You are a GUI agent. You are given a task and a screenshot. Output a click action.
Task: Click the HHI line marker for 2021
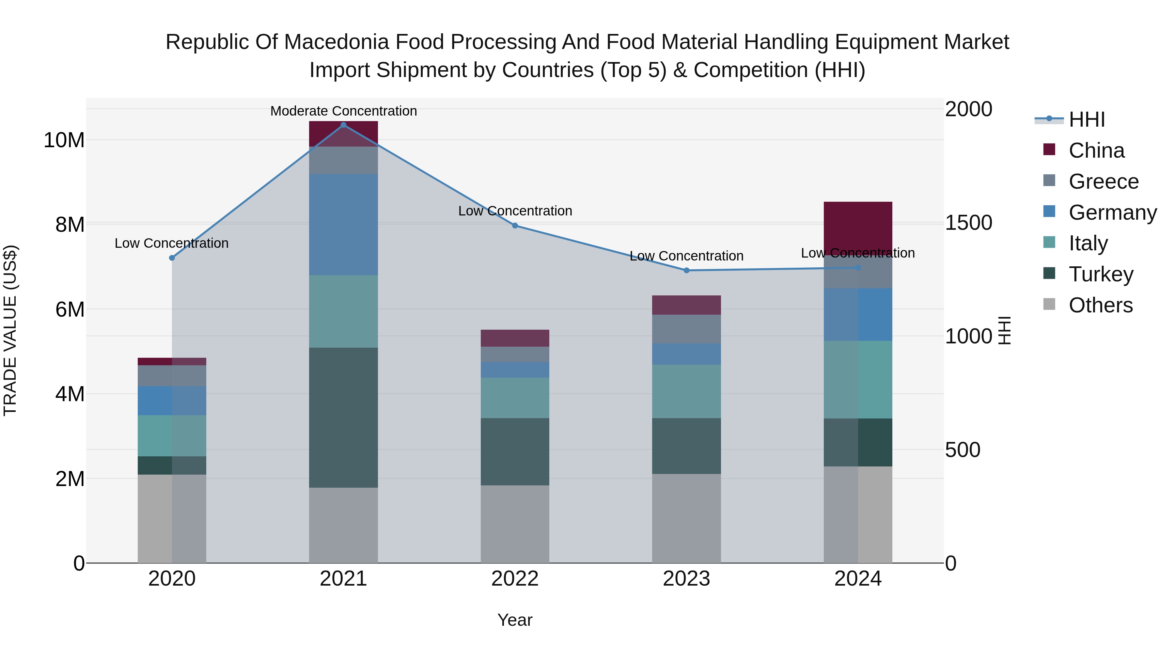pos(343,125)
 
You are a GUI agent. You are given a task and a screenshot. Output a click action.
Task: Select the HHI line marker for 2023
pos(686,271)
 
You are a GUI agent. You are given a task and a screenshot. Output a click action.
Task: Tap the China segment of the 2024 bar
pos(858,226)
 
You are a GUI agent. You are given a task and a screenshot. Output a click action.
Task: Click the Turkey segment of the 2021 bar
pos(343,417)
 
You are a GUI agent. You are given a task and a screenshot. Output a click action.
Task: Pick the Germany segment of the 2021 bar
pos(343,225)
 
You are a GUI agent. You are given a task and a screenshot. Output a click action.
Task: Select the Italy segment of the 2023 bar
pos(686,391)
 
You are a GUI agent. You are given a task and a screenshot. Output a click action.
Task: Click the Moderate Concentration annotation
pos(343,111)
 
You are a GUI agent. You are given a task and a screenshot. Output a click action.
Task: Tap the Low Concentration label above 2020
pos(171,243)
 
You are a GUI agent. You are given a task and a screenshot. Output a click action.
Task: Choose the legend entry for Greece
pos(1104,181)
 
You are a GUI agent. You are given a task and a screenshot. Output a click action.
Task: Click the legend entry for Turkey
pos(1101,274)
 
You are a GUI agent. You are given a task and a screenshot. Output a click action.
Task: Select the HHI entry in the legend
pos(1087,119)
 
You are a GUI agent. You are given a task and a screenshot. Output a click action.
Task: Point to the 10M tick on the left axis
pos(64,140)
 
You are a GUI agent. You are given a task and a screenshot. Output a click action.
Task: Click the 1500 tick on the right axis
pos(968,223)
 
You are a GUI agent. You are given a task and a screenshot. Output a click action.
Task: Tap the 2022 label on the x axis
pos(515,579)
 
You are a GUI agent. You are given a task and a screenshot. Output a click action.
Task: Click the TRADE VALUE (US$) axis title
pos(10,330)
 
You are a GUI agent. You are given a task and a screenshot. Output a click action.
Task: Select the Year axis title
pos(515,620)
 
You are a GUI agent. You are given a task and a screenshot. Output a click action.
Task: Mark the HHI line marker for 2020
pos(172,258)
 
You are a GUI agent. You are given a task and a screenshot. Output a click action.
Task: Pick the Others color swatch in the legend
pos(1049,304)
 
